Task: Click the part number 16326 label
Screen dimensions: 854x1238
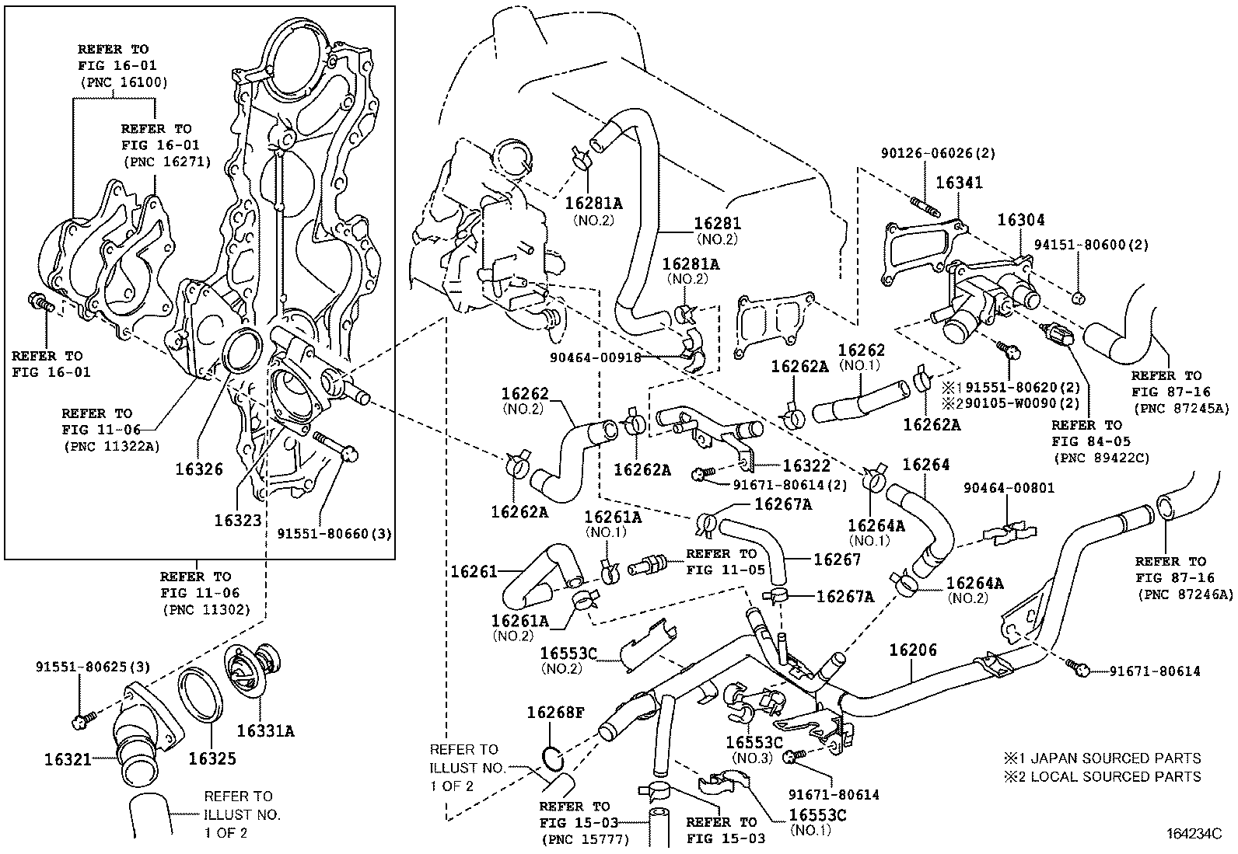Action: pyautogui.click(x=199, y=469)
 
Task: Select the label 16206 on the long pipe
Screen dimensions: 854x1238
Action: pyautogui.click(x=913, y=650)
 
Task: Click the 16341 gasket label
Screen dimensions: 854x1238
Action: pyautogui.click(x=959, y=183)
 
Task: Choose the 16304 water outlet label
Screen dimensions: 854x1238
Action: pyautogui.click(x=1021, y=220)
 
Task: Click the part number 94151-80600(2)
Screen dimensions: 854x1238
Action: pyautogui.click(x=1091, y=245)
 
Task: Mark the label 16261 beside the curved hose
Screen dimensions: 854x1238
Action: pyautogui.click(x=474, y=571)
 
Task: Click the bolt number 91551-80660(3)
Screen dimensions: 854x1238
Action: pyautogui.click(x=334, y=534)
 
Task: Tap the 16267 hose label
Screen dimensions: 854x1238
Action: pyautogui.click(x=837, y=559)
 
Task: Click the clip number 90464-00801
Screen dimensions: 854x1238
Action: pyautogui.click(x=1009, y=488)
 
